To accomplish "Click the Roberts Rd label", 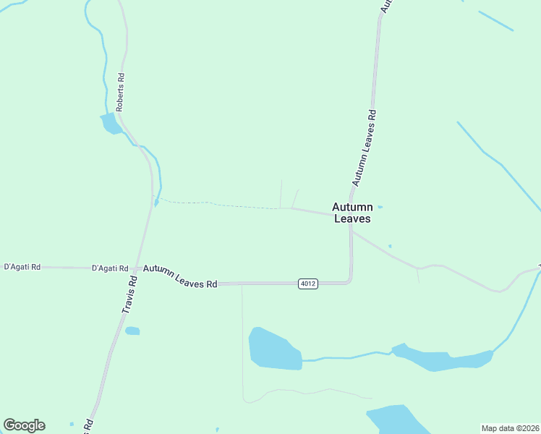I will tap(121, 91).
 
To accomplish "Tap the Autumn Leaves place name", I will tap(352, 213).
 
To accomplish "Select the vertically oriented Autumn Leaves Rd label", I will tap(364, 147).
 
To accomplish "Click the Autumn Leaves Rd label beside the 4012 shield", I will tap(180, 277).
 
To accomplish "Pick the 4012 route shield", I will tap(307, 284).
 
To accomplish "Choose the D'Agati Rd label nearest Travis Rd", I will tap(110, 268).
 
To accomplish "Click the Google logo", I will tap(24, 425).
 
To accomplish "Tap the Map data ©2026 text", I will tap(511, 428).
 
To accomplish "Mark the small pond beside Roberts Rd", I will tap(111, 124).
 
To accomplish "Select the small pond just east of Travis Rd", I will tap(132, 331).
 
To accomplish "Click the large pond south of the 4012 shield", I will tap(274, 349).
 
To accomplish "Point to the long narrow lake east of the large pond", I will tap(441, 359).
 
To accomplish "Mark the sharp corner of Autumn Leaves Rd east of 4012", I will tap(350, 281).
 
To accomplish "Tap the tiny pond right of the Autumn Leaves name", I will tap(380, 207).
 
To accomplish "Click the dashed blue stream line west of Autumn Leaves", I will tap(217, 205).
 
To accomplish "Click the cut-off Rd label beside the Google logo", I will tap(88, 426).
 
